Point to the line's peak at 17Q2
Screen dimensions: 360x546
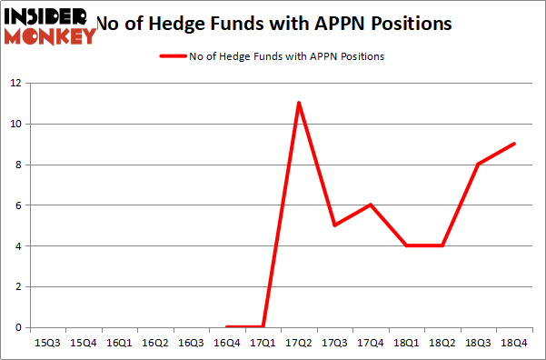[x=299, y=103]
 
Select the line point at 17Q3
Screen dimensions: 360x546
[x=334, y=225]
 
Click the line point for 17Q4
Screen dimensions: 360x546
[x=371, y=205]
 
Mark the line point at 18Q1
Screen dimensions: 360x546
[x=406, y=245]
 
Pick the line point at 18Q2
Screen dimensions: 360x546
[x=442, y=245]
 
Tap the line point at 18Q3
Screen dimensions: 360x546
[x=479, y=164]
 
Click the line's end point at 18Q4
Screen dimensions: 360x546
[x=514, y=144]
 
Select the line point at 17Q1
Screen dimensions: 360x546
[x=263, y=327]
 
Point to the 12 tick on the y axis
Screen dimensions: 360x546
[x=15, y=83]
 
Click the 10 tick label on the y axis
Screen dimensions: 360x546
[x=15, y=124]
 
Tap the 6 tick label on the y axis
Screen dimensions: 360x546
[x=18, y=205]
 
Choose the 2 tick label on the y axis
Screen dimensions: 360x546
[x=18, y=286]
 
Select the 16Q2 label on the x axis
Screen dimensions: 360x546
[x=155, y=344]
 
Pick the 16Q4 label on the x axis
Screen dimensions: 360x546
[x=227, y=344]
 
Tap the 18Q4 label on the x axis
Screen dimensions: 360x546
[x=514, y=344]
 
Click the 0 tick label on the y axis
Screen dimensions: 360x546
[x=18, y=327]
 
